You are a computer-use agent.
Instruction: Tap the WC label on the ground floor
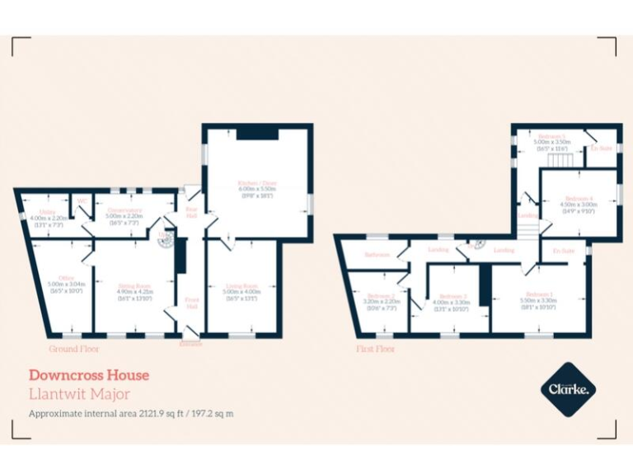coord(82,200)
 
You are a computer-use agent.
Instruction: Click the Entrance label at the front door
coord(190,344)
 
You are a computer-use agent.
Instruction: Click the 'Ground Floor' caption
coord(74,349)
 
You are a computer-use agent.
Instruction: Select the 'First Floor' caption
coord(375,349)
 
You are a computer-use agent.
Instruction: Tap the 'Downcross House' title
coord(89,375)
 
